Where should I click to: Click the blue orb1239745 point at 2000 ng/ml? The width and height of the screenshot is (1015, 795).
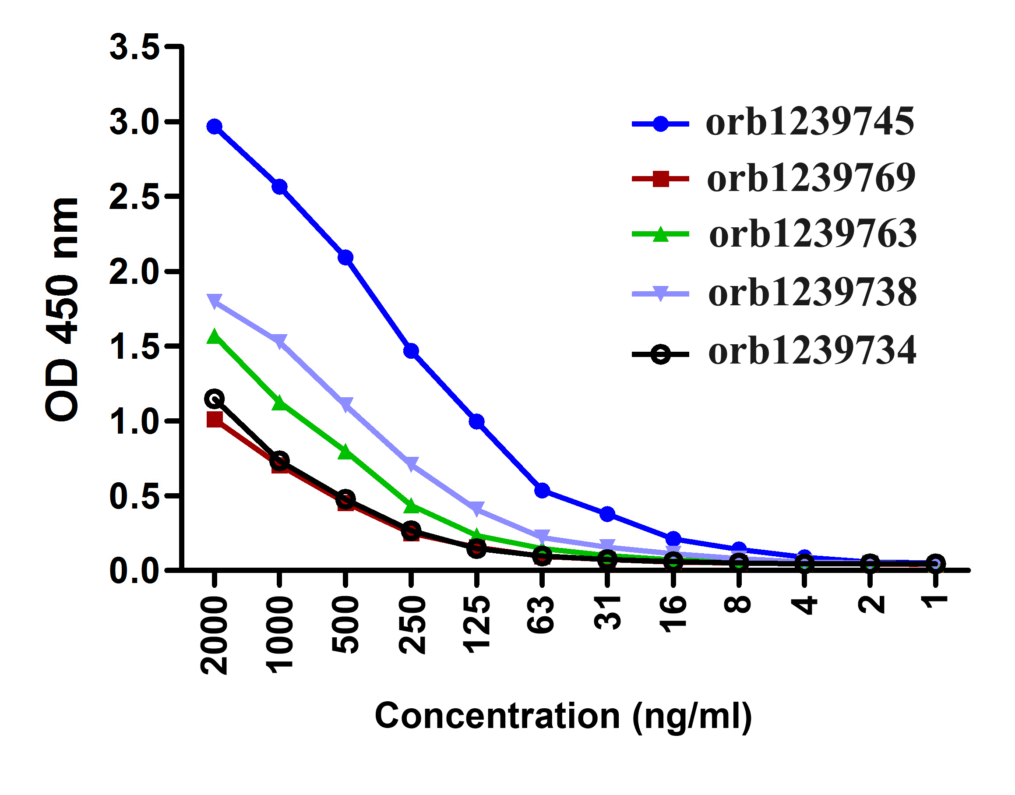click(214, 127)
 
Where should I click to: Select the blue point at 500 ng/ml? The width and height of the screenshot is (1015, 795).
click(345, 258)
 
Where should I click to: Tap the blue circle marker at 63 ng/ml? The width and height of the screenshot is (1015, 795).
click(542, 490)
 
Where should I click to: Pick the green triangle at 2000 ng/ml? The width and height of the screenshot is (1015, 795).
click(214, 337)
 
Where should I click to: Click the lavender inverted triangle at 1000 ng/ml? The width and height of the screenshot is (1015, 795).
click(279, 341)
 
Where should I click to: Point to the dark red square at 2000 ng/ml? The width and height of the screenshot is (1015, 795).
click(214, 419)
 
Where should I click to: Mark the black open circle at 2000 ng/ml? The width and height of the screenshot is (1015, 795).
click(214, 399)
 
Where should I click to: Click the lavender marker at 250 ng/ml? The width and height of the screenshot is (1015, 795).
click(411, 463)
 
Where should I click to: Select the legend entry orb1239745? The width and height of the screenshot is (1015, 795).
click(810, 122)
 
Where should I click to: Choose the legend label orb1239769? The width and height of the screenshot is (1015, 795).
click(811, 178)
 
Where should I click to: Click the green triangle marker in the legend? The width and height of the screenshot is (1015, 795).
click(660, 234)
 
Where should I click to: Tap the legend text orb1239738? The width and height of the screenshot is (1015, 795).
click(812, 293)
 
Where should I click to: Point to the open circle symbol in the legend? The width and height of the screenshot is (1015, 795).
click(660, 355)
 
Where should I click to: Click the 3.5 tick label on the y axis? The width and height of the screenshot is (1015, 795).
click(134, 47)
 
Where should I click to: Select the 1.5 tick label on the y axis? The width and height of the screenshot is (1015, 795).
click(134, 347)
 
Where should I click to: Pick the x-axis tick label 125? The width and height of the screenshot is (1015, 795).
click(476, 624)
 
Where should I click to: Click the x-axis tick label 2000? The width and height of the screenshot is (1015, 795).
click(214, 636)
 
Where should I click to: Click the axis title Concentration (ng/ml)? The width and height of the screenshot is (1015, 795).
click(563, 716)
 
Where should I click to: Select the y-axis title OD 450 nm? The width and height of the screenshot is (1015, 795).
click(62, 309)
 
